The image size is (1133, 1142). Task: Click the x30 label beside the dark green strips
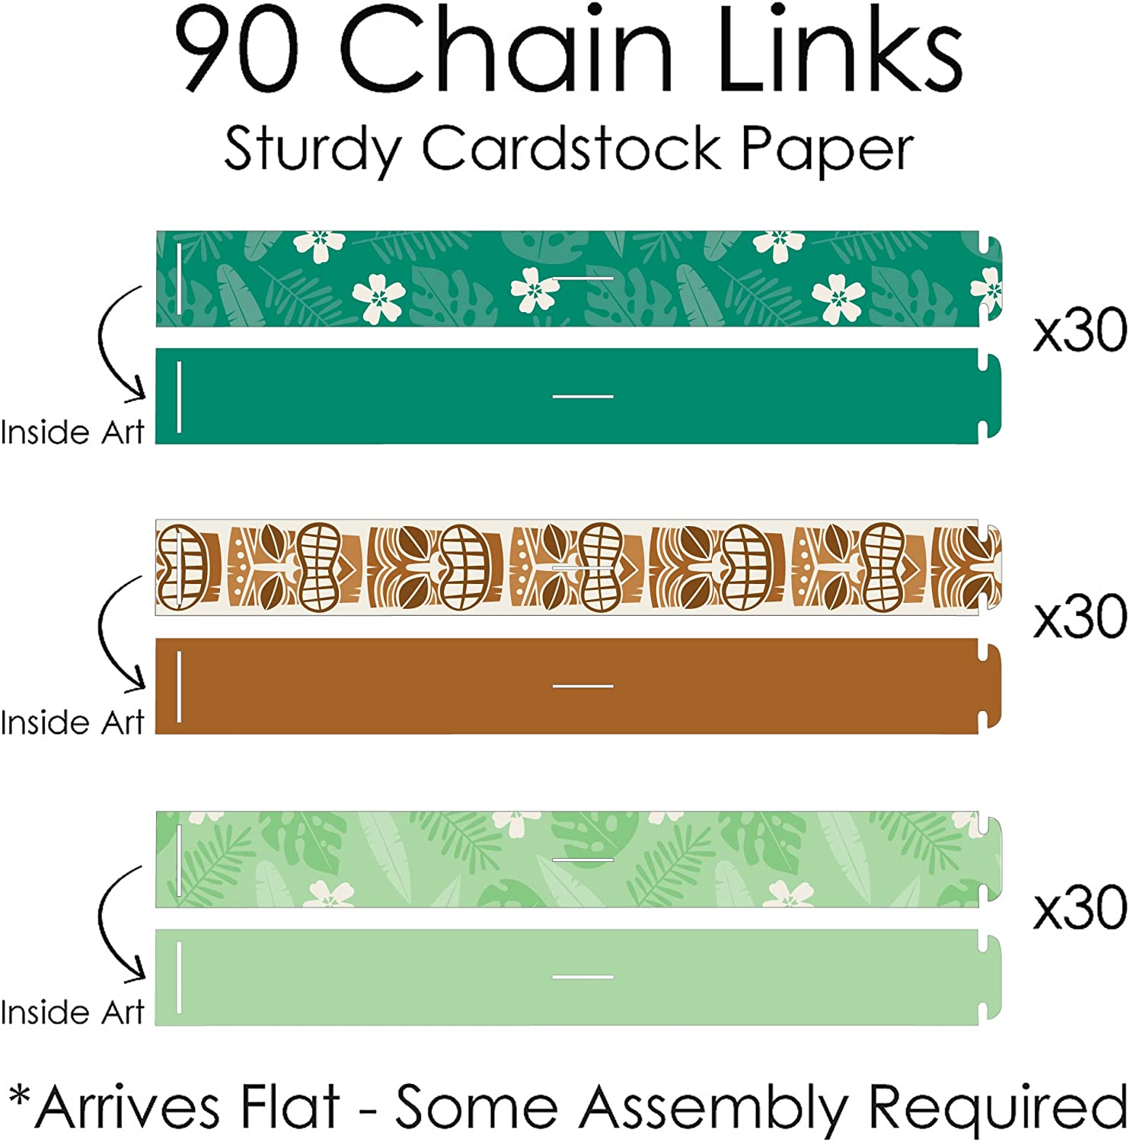[x=1080, y=330]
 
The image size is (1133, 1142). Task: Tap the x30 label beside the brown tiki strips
[x=1080, y=617]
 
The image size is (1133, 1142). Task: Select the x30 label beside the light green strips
[x=1080, y=908]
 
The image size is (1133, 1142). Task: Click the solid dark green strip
[x=579, y=396]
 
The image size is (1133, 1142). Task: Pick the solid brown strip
[x=579, y=686]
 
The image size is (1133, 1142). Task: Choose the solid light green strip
[x=579, y=977]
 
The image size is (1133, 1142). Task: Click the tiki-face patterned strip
[x=579, y=567]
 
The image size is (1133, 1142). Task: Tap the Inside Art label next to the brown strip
[x=72, y=723]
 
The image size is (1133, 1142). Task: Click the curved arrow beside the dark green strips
[x=107, y=343]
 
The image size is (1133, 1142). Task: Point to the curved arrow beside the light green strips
[x=107, y=923]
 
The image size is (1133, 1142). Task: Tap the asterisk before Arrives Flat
[x=20, y=1099]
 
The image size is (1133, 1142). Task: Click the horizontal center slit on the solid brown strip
[x=582, y=686]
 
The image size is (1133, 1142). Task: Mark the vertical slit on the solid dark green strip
[x=179, y=397]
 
